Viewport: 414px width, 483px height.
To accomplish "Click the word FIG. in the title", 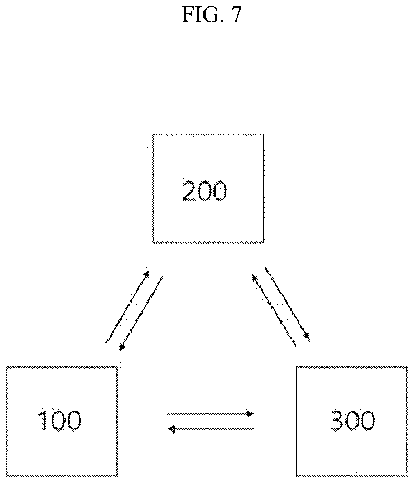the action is [x=201, y=15].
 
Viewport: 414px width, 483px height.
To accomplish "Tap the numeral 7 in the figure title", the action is [x=235, y=15].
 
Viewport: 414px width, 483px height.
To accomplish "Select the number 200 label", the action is [x=205, y=191].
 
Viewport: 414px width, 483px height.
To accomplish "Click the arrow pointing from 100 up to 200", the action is [x=128, y=307].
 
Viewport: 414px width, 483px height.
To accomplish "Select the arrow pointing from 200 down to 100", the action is [x=141, y=314].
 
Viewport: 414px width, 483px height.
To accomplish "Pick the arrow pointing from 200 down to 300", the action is [x=287, y=302].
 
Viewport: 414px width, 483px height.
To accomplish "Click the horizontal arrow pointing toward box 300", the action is [x=210, y=414].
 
